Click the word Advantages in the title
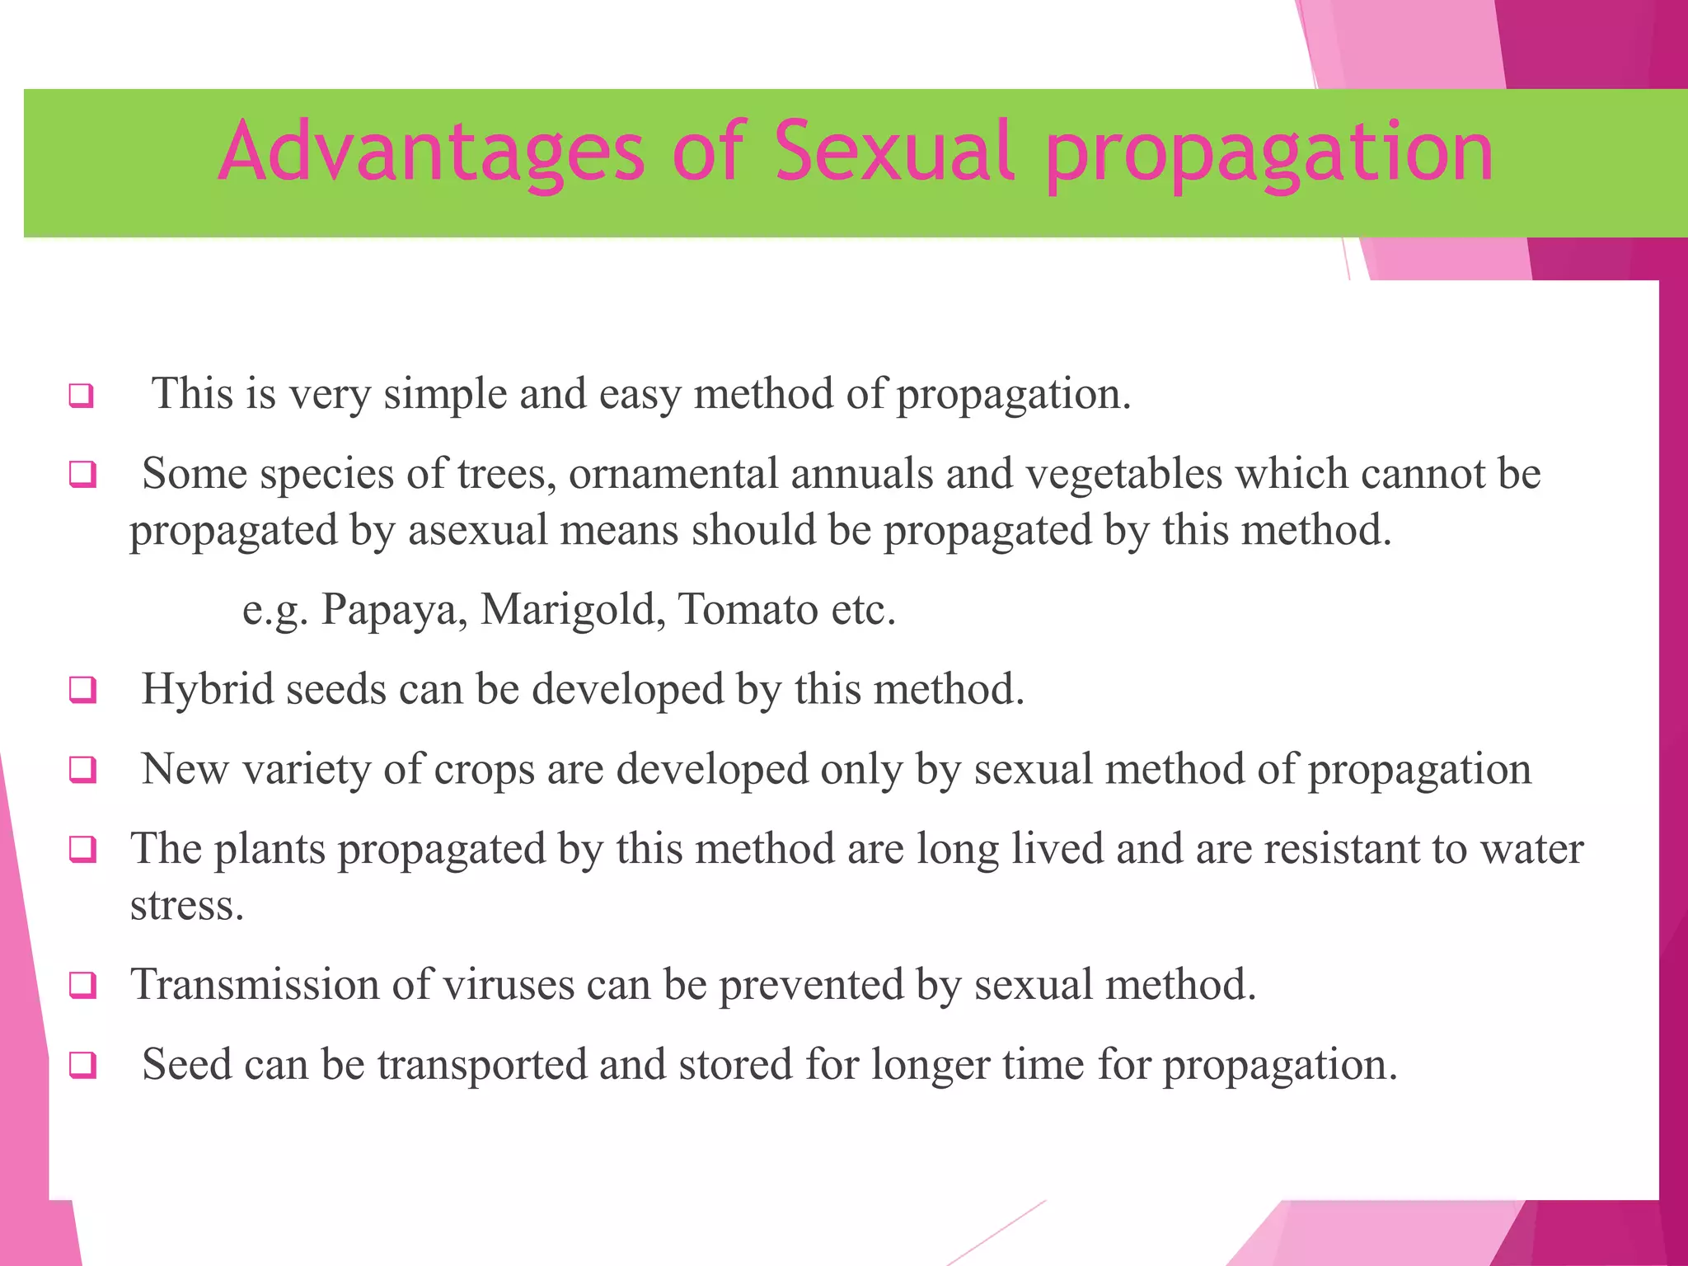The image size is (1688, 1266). (432, 152)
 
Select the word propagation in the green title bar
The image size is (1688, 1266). (1269, 157)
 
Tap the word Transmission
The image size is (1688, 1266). (255, 984)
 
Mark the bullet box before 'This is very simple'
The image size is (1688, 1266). (82, 396)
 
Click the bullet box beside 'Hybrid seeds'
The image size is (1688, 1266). (82, 690)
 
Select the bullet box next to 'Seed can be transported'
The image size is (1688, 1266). (82, 1065)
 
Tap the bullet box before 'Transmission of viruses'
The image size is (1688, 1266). (82, 985)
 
